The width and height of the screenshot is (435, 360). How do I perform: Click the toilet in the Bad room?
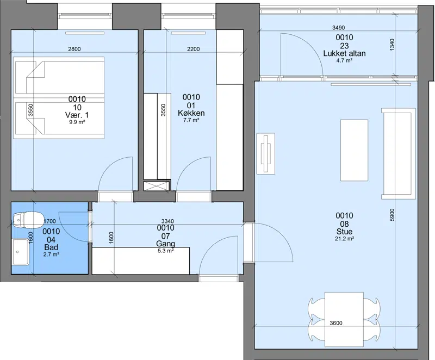[28, 219]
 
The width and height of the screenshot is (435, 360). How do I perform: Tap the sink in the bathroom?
[20, 252]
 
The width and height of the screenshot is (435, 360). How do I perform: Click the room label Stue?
[344, 232]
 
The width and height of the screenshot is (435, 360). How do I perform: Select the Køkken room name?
[191, 113]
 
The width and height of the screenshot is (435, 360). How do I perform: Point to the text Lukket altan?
[344, 53]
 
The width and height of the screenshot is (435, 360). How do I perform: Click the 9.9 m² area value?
[77, 122]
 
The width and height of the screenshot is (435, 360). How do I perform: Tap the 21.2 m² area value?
[344, 239]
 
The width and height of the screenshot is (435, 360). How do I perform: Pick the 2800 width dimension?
[74, 49]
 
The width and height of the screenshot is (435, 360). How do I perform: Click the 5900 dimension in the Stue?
[391, 215]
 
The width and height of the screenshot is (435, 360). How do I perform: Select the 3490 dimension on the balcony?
[338, 28]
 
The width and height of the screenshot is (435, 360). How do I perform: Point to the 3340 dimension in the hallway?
[167, 221]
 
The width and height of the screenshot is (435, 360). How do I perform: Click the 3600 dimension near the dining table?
[336, 323]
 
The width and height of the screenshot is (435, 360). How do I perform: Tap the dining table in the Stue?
[344, 319]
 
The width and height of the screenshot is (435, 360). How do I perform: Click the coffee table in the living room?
[355, 150]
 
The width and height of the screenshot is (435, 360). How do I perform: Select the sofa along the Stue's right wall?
[399, 154]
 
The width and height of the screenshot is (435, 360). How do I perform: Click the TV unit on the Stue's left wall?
[266, 154]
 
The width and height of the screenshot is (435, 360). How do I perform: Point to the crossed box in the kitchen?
[157, 185]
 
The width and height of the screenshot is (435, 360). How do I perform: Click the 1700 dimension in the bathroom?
[50, 221]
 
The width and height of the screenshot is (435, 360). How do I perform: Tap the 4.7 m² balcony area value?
[344, 60]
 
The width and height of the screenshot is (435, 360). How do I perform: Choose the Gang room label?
[166, 244]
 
